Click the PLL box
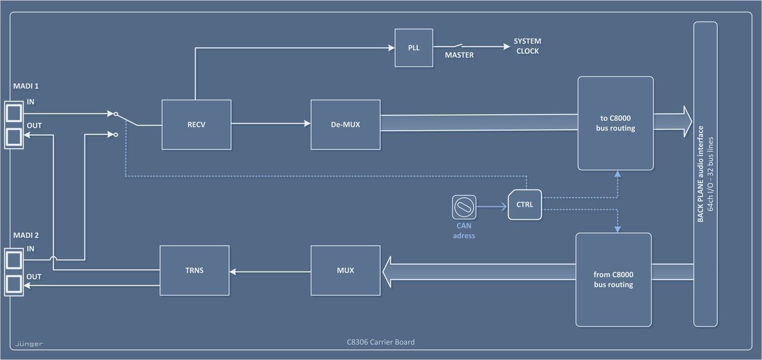pyautogui.click(x=414, y=47)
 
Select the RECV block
pyautogui.click(x=196, y=125)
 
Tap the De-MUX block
pyautogui.click(x=346, y=125)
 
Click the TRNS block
pyautogui.click(x=194, y=270)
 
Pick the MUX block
pyautogui.click(x=346, y=270)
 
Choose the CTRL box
pyautogui.click(x=524, y=204)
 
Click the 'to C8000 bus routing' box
pyautogui.click(x=615, y=123)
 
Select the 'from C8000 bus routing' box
pyautogui.click(x=613, y=280)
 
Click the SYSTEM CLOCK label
pyautogui.click(x=527, y=46)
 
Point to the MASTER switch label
pyautogui.click(x=459, y=55)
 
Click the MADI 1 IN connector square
pyautogui.click(x=14, y=113)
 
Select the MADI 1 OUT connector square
pyautogui.click(x=14, y=136)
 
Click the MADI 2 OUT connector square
pyautogui.click(x=14, y=284)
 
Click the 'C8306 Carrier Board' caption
pyautogui.click(x=380, y=342)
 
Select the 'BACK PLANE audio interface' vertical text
pyautogui.click(x=700, y=174)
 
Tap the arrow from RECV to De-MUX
pyautogui.click(x=271, y=124)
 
